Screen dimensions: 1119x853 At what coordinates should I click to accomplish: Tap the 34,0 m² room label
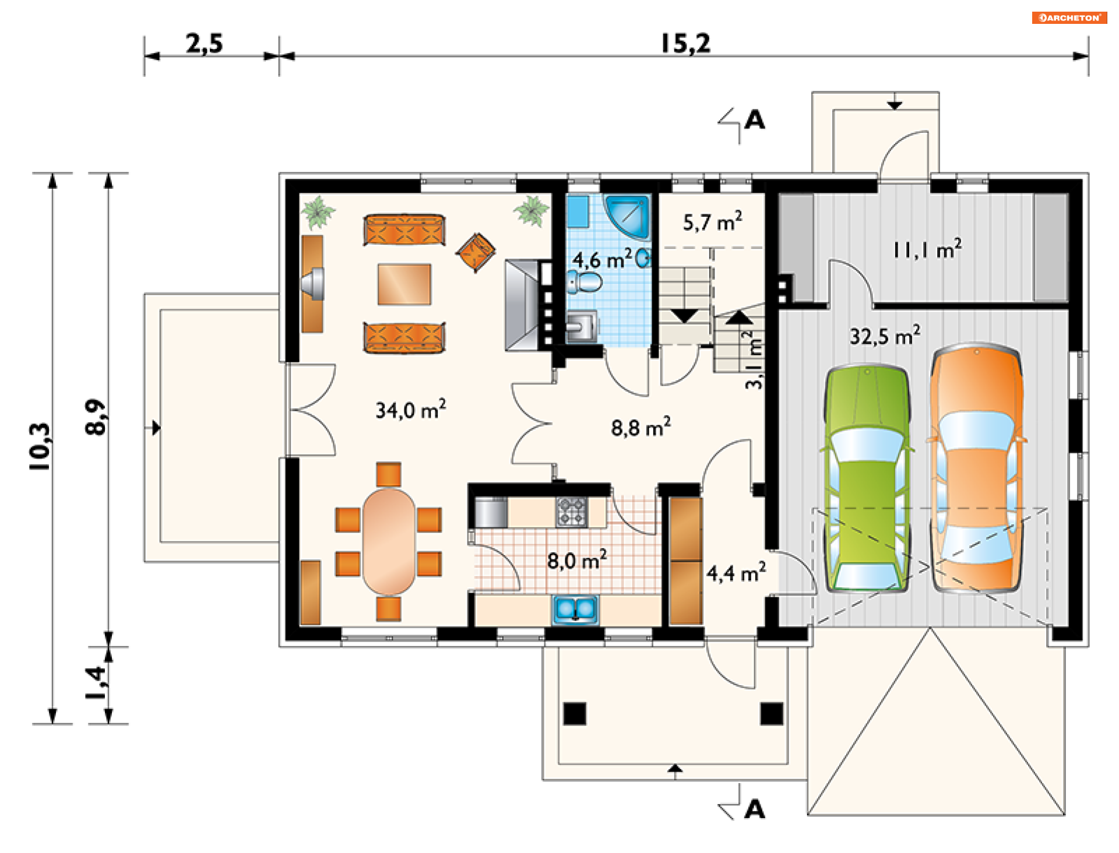[411, 410]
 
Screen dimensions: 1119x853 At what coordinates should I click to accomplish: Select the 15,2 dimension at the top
[686, 44]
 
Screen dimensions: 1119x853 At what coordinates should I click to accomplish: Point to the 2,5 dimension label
[205, 44]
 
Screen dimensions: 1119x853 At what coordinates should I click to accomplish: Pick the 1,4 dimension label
[96, 682]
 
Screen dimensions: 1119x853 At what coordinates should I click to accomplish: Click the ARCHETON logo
[1069, 17]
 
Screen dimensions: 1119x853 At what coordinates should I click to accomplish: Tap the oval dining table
[389, 542]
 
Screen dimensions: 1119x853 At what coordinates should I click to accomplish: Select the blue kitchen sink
[575, 609]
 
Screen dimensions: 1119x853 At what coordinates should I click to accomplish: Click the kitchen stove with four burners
[571, 512]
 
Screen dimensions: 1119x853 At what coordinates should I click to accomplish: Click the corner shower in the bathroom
[627, 216]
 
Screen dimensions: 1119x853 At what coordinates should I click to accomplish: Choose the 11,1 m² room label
[927, 249]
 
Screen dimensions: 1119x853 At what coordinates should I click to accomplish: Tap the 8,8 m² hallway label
[641, 428]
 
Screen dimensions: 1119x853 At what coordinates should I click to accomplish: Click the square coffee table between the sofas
[404, 284]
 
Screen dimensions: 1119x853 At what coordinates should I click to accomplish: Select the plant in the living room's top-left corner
[318, 212]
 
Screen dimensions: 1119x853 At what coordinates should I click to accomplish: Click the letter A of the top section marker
[755, 120]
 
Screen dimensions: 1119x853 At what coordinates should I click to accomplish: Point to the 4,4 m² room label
[736, 573]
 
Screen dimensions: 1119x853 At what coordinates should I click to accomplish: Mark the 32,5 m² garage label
[885, 336]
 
